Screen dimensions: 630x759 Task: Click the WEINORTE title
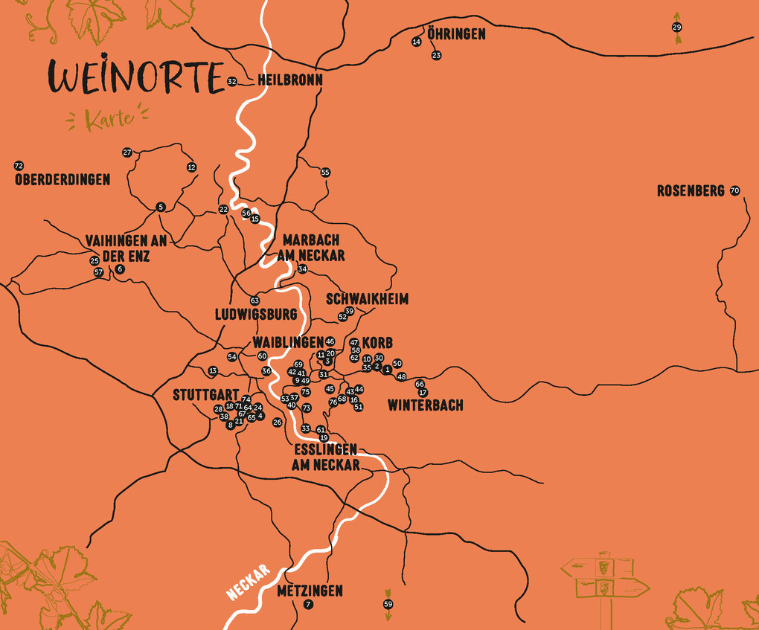tap(136, 77)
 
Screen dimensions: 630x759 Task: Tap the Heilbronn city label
tap(289, 81)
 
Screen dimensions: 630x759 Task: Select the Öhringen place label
tap(456, 34)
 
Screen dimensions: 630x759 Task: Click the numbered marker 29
tap(676, 28)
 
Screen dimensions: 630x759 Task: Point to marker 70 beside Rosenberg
tap(735, 191)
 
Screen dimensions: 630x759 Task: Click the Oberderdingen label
tap(62, 179)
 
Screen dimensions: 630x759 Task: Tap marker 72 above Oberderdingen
tap(19, 165)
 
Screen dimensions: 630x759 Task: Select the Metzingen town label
tap(310, 591)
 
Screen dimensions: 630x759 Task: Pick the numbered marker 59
tap(388, 605)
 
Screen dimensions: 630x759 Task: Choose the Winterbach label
tap(425, 405)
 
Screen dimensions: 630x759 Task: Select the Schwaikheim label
tap(367, 299)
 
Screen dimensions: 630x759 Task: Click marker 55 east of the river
tap(325, 173)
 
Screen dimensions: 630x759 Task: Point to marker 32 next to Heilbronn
tap(232, 81)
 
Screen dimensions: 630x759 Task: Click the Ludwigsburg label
tap(255, 314)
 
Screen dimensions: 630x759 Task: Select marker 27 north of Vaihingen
tap(127, 152)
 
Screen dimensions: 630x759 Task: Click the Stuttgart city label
tap(205, 395)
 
